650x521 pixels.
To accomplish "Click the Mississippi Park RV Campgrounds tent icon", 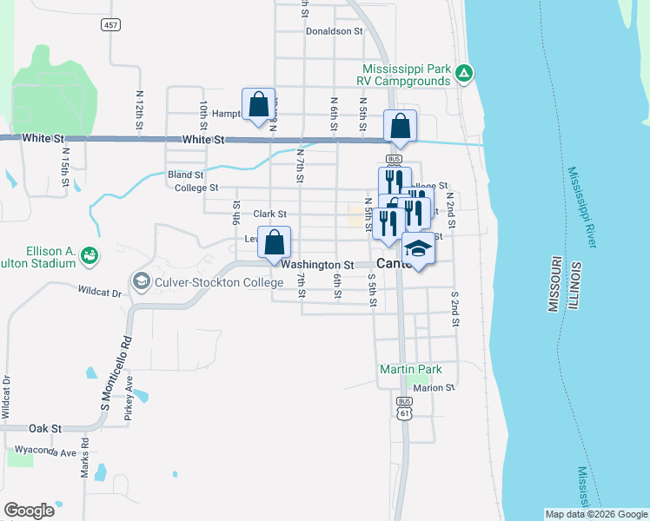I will pos(465,74).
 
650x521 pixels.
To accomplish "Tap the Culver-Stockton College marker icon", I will pos(140,281).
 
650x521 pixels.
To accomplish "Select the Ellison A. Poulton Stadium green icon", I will pos(88,255).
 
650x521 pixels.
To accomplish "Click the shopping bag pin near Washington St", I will pos(274,244).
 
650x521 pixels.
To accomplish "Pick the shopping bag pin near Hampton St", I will pos(258,105).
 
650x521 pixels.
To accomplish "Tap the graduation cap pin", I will pos(419,248).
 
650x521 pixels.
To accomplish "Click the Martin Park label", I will pos(411,369).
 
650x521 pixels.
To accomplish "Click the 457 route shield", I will pos(110,25).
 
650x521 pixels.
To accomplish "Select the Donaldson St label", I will pos(334,30).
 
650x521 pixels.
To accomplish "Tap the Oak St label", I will pos(44,428).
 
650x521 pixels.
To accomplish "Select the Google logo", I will pos(30,510).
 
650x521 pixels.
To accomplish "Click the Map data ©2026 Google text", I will pos(595,514).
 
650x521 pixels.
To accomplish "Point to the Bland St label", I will pos(186,175).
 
